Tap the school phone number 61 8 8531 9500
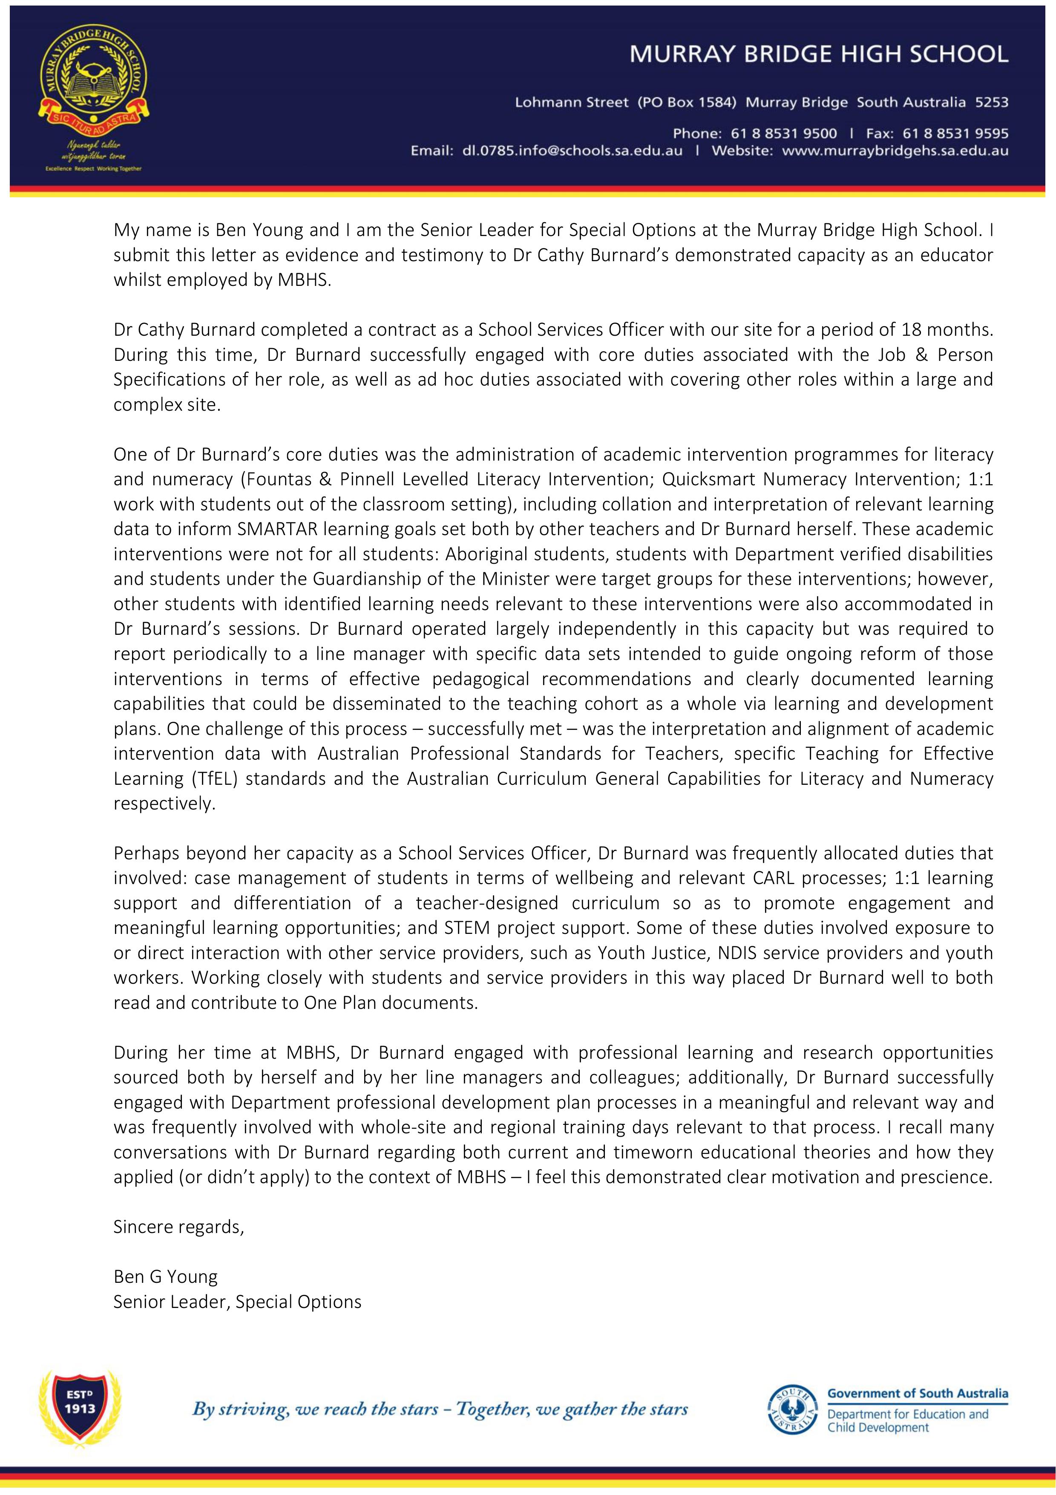click(x=784, y=133)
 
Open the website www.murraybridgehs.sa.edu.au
click(x=895, y=151)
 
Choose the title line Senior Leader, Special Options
click(x=237, y=1302)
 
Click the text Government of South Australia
click(x=917, y=1394)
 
